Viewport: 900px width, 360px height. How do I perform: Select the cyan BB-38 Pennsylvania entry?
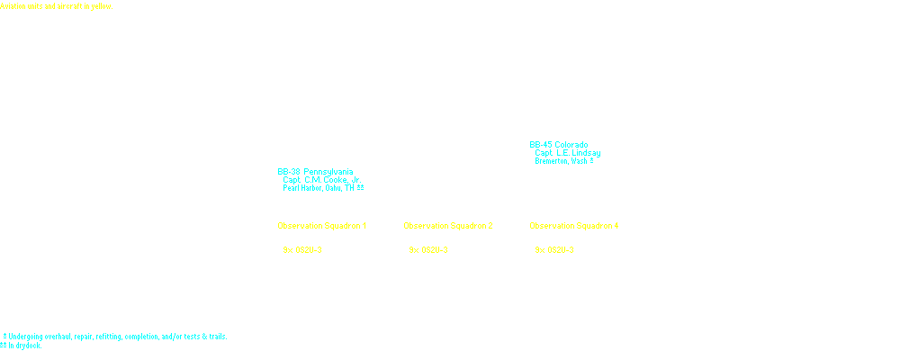315,171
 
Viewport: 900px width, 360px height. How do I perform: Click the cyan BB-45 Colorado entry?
559,145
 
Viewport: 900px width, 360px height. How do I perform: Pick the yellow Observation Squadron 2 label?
447,225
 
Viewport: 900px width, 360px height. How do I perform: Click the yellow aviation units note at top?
56,5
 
